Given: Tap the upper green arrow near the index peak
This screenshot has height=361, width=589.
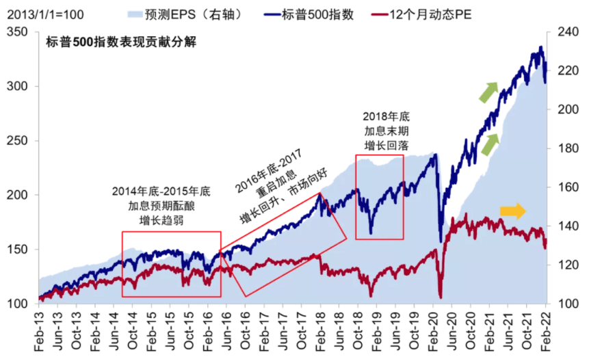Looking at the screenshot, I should (488, 91).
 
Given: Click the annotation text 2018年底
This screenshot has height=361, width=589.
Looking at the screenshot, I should (387, 116).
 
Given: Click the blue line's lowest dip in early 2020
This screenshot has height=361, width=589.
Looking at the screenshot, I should (440, 241).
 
